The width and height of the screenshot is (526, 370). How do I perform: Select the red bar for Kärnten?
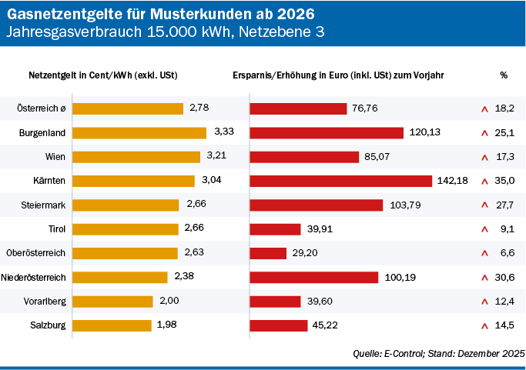[340, 181]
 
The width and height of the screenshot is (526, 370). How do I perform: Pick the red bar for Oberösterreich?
[268, 253]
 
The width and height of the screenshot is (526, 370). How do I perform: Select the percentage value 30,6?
[505, 277]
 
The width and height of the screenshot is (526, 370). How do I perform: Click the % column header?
[504, 75]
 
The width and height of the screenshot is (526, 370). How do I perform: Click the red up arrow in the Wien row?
[484, 157]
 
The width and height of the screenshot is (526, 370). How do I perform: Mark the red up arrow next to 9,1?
[484, 229]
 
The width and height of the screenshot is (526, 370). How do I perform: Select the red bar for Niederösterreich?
[313, 277]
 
